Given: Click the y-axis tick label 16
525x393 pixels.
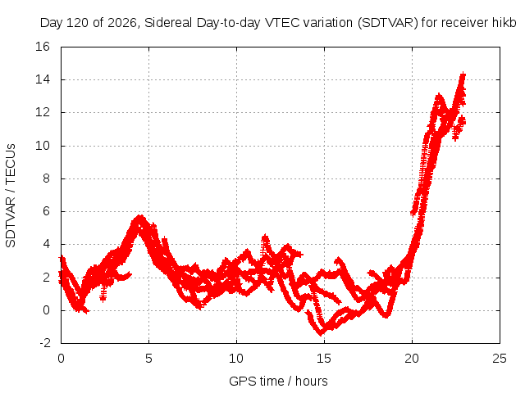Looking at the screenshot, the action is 43,47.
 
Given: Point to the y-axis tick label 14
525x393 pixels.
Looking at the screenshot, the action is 43,79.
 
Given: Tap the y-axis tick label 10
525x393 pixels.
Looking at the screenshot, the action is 43,146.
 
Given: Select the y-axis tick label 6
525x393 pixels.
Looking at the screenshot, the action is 46,211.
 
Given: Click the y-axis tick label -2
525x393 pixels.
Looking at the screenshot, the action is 45,343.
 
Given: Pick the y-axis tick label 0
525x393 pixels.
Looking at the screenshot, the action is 46,310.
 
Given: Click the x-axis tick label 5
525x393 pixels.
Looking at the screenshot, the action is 148,359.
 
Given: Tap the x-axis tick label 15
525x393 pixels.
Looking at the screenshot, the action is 324,359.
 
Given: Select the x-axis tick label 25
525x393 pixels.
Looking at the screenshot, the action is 500,359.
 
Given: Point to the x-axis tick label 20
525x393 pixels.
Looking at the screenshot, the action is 412,359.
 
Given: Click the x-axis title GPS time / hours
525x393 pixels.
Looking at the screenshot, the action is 278,382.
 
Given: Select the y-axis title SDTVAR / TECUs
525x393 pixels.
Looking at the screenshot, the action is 11,196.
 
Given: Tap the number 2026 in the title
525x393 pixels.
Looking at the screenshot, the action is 122,23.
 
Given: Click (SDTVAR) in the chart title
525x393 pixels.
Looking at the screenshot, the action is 388,23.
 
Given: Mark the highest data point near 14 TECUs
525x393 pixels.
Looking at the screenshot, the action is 463,75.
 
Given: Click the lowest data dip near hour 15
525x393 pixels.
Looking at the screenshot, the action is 321,333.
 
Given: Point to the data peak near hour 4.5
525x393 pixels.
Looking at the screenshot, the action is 140,216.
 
